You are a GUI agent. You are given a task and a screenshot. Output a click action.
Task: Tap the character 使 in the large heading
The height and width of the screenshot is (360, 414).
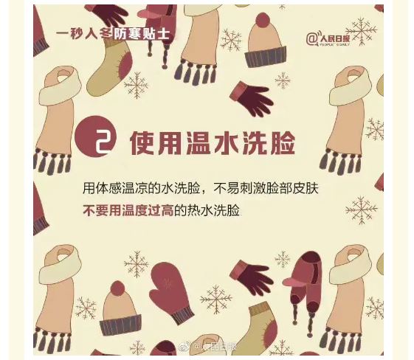click(x=142, y=142)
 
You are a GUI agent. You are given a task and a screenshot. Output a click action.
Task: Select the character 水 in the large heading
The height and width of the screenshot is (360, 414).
click(x=226, y=142)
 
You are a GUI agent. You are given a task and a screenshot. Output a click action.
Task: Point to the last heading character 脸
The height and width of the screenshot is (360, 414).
click(x=282, y=142)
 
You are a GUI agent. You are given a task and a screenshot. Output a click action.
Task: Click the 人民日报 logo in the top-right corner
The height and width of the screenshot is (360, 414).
click(x=328, y=39)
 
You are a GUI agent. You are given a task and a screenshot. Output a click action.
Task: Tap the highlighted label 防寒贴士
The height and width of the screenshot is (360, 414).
click(x=141, y=34)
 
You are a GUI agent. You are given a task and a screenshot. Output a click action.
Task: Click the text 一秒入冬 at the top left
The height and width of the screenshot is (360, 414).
click(x=84, y=34)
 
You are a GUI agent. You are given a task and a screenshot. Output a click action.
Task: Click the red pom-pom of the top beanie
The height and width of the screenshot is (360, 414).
click(x=263, y=20)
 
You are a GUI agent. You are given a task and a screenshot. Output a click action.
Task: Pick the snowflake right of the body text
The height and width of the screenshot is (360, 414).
click(x=361, y=210)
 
